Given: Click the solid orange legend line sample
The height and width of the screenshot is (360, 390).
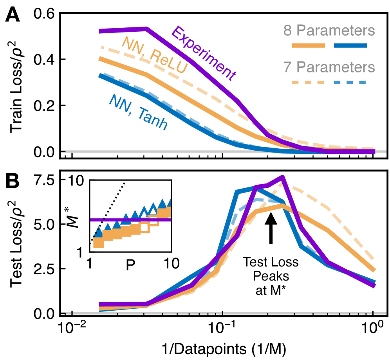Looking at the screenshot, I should [x=309, y=46].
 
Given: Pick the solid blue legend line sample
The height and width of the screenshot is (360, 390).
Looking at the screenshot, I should [x=350, y=46].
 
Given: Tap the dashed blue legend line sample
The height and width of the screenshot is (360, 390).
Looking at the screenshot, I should [x=350, y=83].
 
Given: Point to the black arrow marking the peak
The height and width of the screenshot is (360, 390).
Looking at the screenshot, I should [x=271, y=227].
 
